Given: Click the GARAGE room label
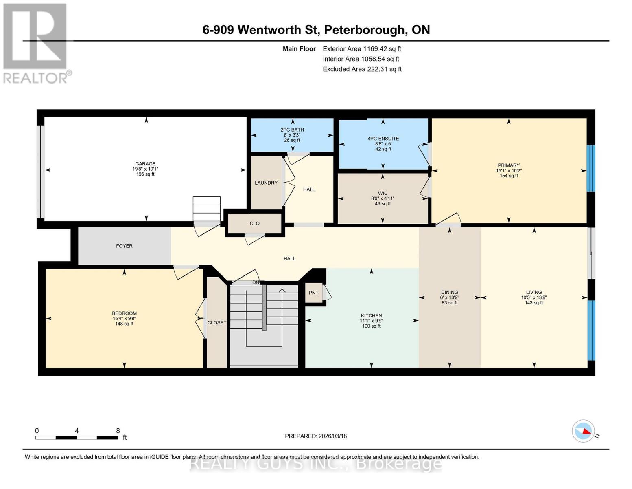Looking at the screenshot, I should tap(145, 164).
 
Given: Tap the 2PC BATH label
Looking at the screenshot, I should tap(292, 130).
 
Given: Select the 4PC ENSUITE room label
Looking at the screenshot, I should tap(383, 139).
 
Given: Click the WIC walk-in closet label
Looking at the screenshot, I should tap(383, 194).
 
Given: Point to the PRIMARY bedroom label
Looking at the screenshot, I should tap(508, 165).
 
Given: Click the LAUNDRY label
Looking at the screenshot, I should tap(266, 183).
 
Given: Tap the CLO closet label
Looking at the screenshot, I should tap(255, 223).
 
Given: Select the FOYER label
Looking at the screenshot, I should tap(124, 246).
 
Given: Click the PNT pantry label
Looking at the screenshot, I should tap(313, 293).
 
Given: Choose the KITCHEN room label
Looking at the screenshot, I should tap(371, 316).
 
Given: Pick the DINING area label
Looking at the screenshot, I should tap(449, 292).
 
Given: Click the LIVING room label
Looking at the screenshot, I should tap(534, 292).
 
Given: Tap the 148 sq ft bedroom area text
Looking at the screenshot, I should tap(124, 324).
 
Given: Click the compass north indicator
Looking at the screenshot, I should tap(584, 431).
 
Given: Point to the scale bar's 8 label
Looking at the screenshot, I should tap(118, 431).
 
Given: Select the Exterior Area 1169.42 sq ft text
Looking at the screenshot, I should tap(362, 49).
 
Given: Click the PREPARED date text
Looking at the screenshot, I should tap(316, 436).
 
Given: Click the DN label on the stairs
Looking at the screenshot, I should tap(256, 282).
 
